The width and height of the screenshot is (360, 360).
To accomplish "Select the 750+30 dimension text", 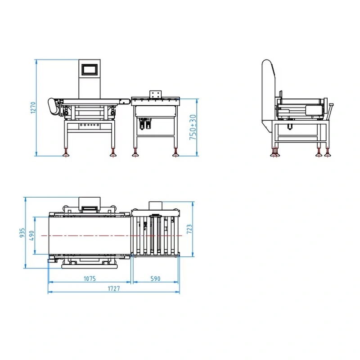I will [x=193, y=128].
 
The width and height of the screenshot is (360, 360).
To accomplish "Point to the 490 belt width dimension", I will [x=31, y=235].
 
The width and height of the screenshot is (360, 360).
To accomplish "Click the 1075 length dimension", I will [x=90, y=279].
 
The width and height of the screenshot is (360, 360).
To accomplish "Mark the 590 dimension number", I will [x=155, y=279].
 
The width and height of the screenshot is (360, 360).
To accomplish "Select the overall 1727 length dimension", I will [x=114, y=289].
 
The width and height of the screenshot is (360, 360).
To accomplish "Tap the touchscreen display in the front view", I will [x=89, y=69].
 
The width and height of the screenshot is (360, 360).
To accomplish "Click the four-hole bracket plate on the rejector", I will [x=156, y=94].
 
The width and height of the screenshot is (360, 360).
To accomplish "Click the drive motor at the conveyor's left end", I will [x=54, y=106].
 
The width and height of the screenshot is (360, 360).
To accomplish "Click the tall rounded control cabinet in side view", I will [x=268, y=92].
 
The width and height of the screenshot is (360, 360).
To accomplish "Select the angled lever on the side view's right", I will [x=330, y=111].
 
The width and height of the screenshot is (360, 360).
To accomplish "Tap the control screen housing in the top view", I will [x=89, y=204].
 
